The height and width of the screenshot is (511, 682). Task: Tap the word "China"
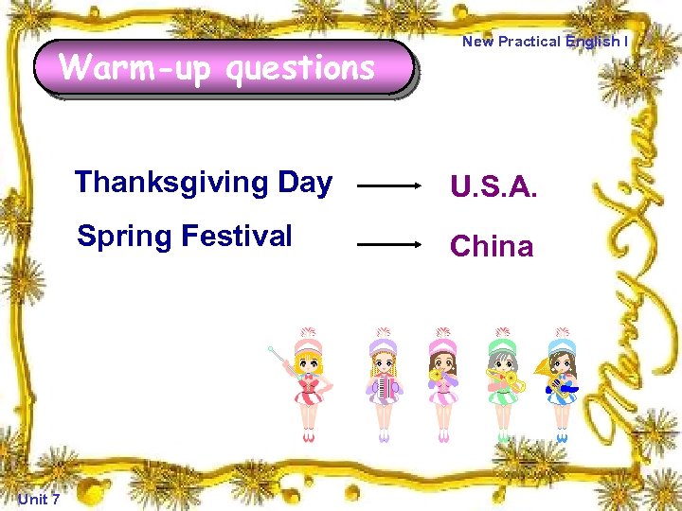click(492, 246)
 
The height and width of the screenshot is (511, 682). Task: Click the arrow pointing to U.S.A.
click(390, 187)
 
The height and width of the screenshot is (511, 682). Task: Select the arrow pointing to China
click(390, 244)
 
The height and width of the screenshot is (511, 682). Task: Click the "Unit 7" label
click(39, 499)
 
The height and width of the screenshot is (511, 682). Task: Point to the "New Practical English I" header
click(545, 42)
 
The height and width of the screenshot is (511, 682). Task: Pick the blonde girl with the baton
click(309, 383)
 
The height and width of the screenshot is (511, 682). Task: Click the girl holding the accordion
click(383, 383)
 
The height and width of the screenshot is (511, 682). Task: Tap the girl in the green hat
click(503, 383)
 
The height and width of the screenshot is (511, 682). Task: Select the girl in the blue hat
click(562, 383)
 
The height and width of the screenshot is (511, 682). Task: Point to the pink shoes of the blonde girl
click(309, 436)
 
